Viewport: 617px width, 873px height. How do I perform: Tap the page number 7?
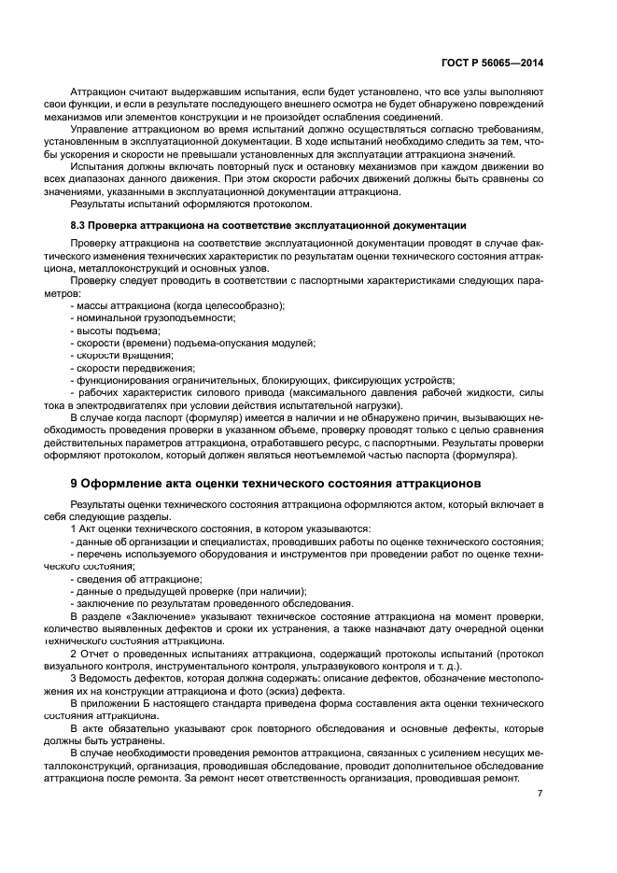point(540,793)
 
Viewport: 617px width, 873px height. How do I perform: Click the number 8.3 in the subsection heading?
point(81,226)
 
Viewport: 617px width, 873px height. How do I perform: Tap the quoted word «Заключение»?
point(151,616)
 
